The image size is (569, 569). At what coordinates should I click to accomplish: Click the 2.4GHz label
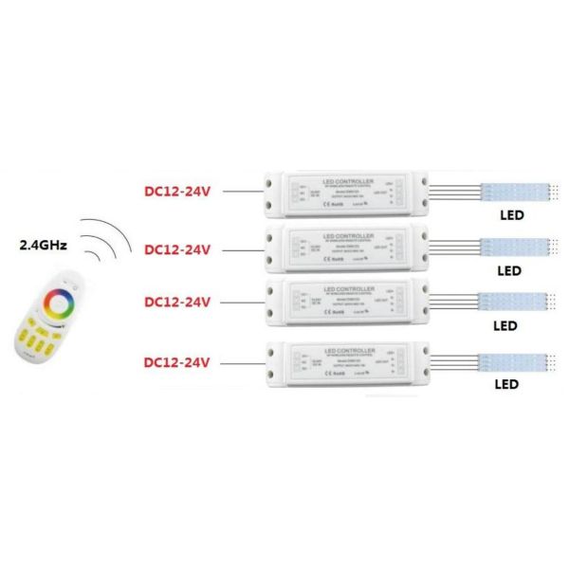[44, 245]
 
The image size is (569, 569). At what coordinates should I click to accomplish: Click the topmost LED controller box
[347, 193]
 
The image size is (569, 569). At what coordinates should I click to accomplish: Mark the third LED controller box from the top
[347, 301]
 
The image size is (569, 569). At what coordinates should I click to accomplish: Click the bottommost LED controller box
[347, 361]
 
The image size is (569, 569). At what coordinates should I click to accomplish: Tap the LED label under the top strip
[511, 215]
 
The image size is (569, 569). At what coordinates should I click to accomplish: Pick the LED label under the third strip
[506, 325]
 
